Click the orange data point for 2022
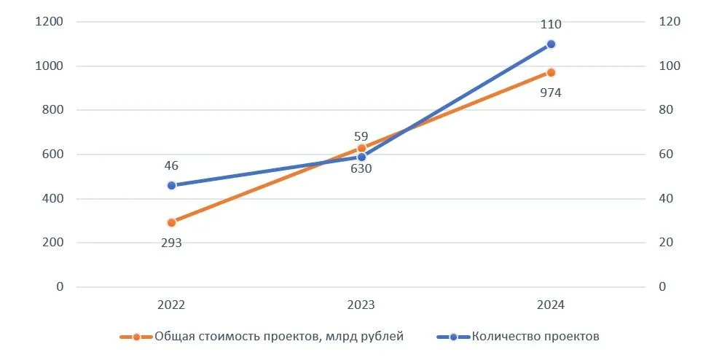[171, 222]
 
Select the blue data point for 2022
[171, 185]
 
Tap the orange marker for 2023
[361, 148]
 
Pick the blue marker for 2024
[551, 44]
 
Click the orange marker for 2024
[551, 72]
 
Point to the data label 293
[171, 243]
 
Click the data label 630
[361, 169]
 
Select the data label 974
[551, 93]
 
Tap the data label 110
[551, 25]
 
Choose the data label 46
[171, 165]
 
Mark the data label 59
[361, 136]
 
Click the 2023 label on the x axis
[361, 305]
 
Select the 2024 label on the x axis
[551, 305]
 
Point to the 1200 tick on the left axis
[49, 22]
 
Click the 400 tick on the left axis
[52, 198]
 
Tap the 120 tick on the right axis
[670, 22]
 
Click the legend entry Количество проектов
[536, 336]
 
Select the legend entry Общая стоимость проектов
[240, 336]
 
